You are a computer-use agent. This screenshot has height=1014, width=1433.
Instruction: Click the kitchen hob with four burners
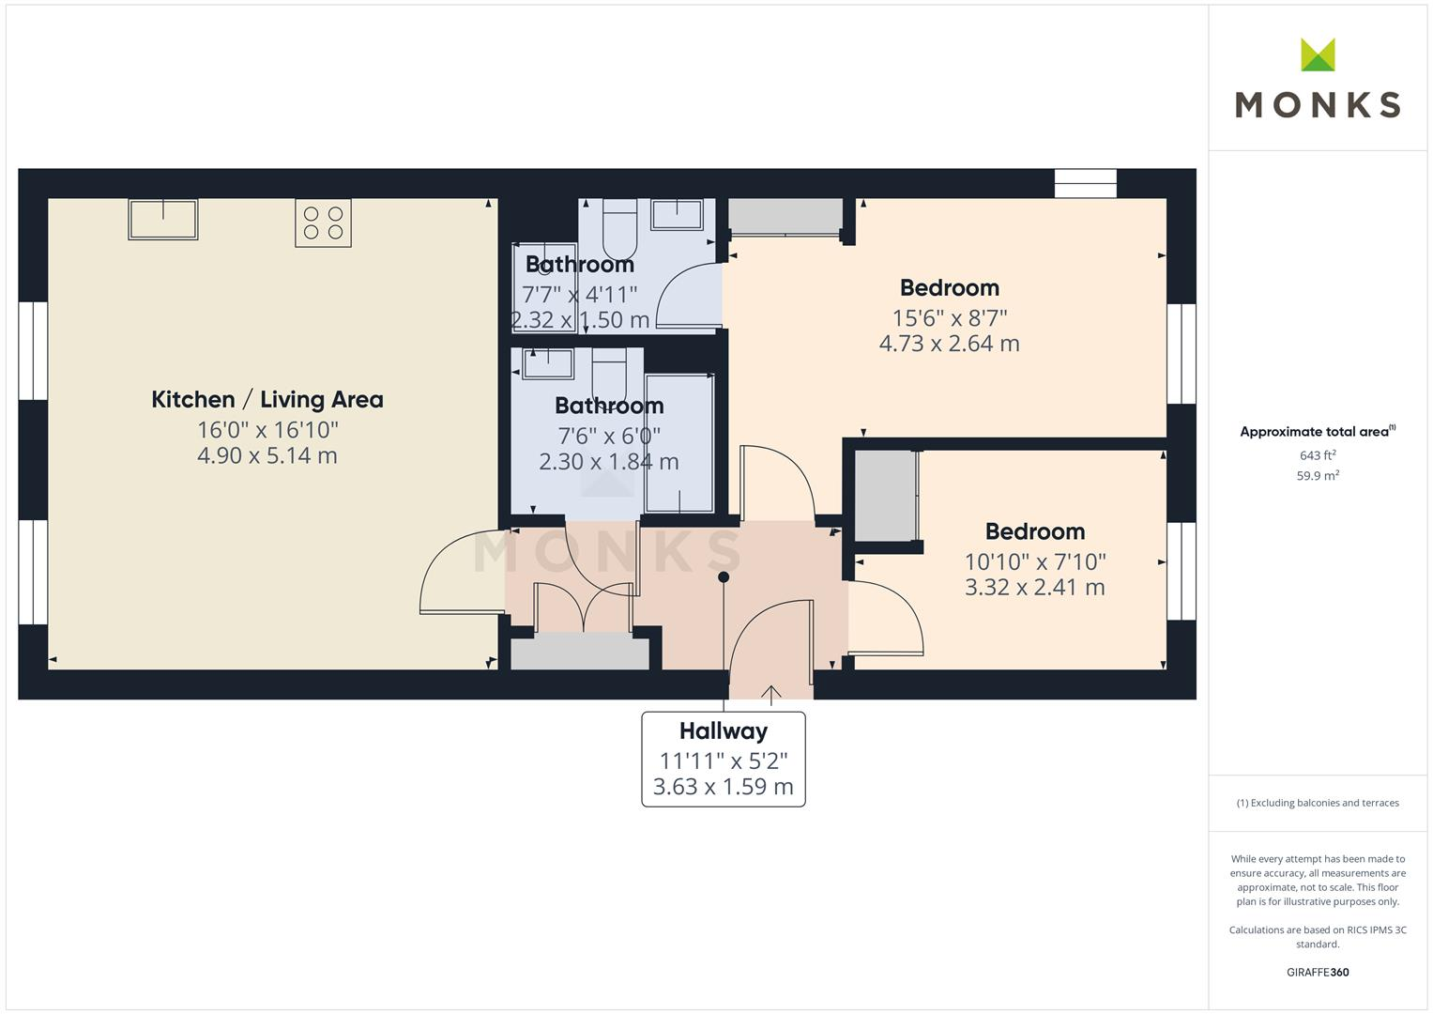pyautogui.click(x=323, y=223)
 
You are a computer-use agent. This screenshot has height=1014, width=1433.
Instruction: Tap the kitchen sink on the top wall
pyautogui.click(x=163, y=220)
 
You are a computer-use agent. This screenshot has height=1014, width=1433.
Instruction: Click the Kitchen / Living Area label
pyautogui.click(x=267, y=400)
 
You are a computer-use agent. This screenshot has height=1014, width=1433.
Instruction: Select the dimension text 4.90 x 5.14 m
pyautogui.click(x=267, y=456)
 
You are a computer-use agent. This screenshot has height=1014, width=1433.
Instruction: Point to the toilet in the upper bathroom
pyautogui.click(x=619, y=231)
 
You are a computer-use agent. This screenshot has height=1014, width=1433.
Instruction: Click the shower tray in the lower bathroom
pyautogui.click(x=679, y=443)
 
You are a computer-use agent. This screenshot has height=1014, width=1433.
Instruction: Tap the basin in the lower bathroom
pyautogui.click(x=548, y=362)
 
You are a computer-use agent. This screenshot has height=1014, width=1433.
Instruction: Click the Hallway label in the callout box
pyautogui.click(x=723, y=730)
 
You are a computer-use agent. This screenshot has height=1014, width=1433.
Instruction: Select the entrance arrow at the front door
pyautogui.click(x=770, y=695)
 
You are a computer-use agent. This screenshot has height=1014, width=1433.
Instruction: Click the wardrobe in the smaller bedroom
pyautogui.click(x=885, y=496)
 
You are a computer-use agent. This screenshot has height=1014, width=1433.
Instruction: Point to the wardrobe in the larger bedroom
pyautogui.click(x=785, y=217)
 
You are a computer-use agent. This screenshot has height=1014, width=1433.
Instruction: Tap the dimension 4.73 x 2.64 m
pyautogui.click(x=949, y=344)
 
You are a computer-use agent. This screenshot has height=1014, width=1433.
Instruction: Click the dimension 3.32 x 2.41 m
pyautogui.click(x=1034, y=588)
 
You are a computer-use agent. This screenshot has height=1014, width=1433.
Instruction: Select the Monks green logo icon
pyautogui.click(x=1318, y=55)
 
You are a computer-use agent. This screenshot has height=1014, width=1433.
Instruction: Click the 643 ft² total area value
pyautogui.click(x=1317, y=455)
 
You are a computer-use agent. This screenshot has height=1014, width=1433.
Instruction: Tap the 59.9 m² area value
pyautogui.click(x=1317, y=476)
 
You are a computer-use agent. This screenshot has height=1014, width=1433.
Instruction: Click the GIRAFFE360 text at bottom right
pyautogui.click(x=1317, y=973)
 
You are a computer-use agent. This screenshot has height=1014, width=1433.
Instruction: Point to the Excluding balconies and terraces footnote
pyautogui.click(x=1317, y=803)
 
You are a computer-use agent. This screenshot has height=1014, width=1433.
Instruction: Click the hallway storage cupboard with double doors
pyautogui.click(x=580, y=651)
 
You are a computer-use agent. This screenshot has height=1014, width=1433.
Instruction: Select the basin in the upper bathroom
pyautogui.click(x=677, y=215)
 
